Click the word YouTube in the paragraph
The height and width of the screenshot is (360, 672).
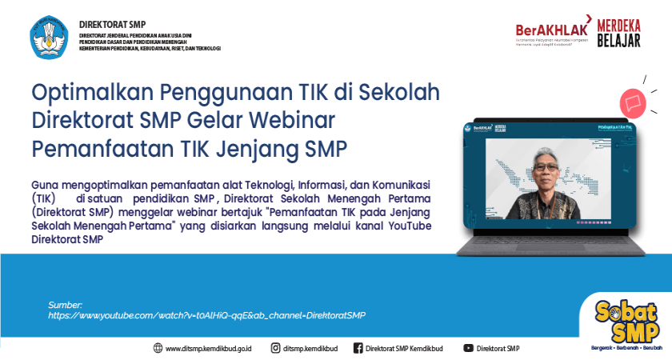click(408, 226)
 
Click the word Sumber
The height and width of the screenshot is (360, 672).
click(65, 305)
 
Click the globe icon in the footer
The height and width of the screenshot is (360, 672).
click(158, 348)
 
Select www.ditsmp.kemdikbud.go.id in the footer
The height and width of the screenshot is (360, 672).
click(209, 349)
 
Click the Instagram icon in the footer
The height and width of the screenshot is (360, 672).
click(275, 348)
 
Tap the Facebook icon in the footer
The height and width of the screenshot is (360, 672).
click(358, 348)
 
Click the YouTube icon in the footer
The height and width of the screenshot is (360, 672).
click(468, 348)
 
